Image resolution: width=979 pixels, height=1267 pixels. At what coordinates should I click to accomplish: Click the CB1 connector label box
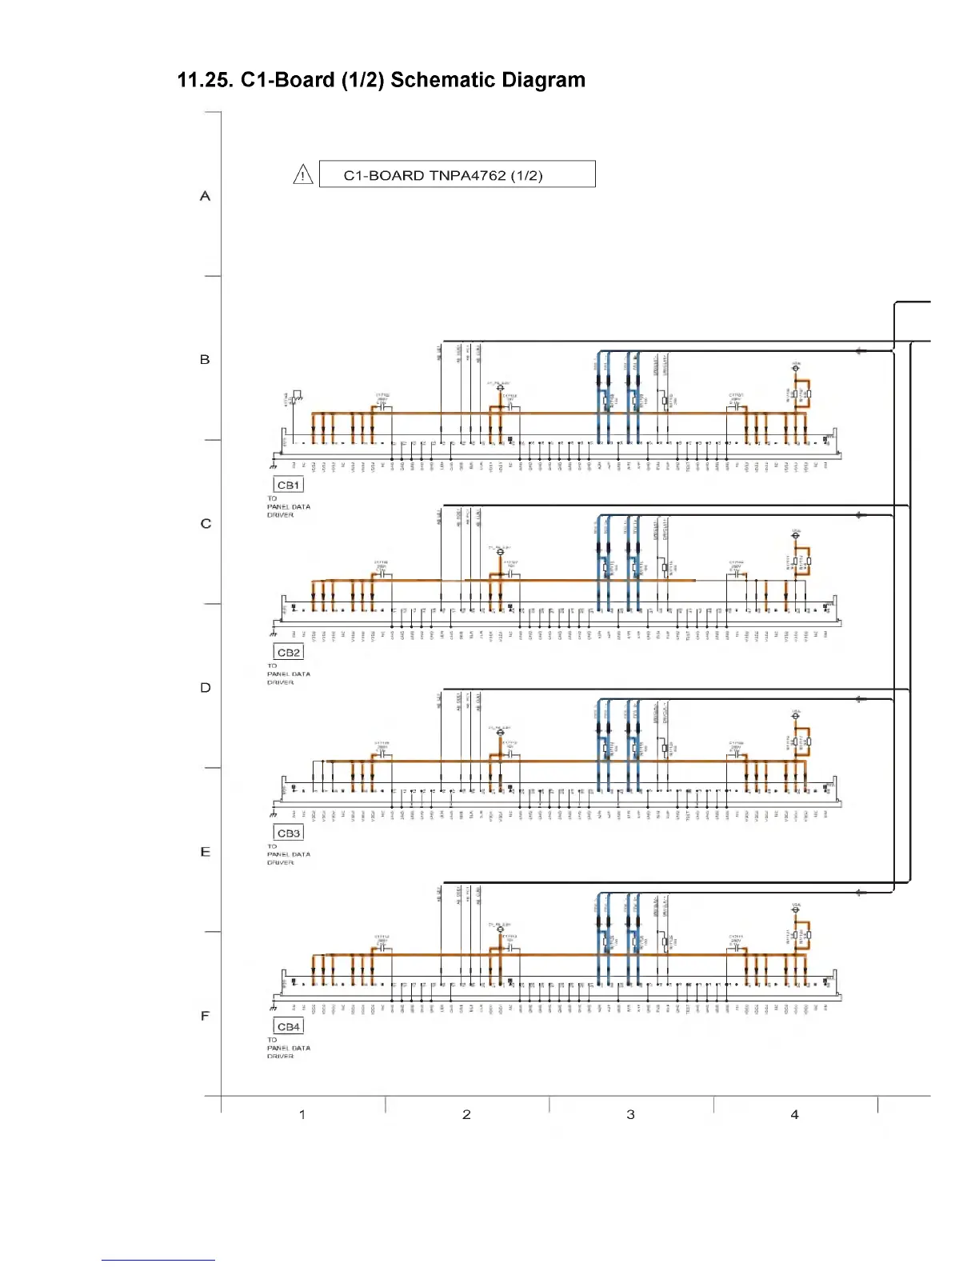click(289, 485)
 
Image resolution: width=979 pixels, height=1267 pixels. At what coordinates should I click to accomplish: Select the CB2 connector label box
click(289, 652)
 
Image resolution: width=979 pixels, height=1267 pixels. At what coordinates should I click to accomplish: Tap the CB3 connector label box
click(289, 833)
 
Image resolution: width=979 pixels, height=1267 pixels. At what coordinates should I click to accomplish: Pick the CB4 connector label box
click(289, 1026)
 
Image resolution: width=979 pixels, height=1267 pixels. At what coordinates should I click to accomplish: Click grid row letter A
click(206, 196)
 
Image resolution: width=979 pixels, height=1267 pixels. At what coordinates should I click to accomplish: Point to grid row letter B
click(205, 360)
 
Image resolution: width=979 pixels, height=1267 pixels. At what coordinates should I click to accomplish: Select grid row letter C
click(206, 524)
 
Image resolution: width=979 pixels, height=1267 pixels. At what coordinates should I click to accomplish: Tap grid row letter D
click(206, 688)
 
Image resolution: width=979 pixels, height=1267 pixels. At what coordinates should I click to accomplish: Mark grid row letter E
click(206, 852)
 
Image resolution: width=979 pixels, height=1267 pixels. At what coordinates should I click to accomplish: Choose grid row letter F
click(206, 1016)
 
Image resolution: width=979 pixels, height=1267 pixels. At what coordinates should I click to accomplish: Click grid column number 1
click(302, 1114)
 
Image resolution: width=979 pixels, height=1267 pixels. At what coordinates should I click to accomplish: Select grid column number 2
click(466, 1114)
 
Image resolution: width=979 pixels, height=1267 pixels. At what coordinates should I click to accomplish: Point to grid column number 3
click(630, 1114)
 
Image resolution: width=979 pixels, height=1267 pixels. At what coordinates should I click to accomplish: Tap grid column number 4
click(794, 1114)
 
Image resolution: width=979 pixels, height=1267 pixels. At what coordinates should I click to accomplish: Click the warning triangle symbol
click(303, 174)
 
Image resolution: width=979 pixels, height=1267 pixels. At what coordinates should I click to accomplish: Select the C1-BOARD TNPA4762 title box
click(457, 174)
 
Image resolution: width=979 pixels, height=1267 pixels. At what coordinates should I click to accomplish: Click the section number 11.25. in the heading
click(205, 81)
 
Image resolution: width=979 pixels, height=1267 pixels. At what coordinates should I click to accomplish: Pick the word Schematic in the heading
click(438, 81)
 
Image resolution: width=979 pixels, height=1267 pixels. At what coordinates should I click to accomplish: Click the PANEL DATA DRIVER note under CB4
click(288, 1048)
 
